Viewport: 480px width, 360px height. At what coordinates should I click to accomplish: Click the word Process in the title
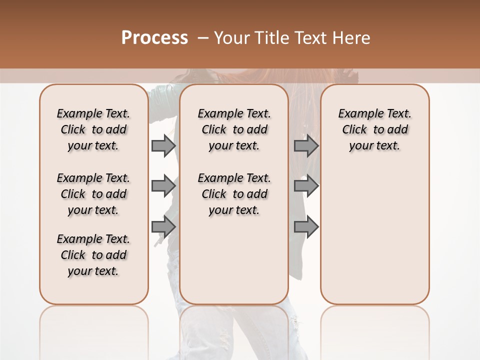154,37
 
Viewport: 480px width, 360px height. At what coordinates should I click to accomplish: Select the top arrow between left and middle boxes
163,145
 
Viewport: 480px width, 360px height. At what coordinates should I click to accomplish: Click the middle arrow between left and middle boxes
163,186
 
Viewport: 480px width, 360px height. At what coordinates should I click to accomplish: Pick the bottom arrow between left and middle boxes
163,227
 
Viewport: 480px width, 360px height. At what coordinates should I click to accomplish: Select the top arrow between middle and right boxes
306,145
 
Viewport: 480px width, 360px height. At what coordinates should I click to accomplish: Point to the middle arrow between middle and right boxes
306,186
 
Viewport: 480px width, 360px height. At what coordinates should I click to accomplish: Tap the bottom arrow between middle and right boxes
306,227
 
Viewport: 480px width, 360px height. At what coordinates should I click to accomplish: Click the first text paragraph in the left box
93,129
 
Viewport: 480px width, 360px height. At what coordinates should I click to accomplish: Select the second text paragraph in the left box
93,194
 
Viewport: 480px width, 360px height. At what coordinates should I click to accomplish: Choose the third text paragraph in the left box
93,255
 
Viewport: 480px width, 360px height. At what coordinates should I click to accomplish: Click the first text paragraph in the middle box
234,129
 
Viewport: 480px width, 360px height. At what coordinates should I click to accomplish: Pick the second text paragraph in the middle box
234,194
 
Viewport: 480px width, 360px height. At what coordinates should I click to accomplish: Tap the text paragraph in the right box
374,129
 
